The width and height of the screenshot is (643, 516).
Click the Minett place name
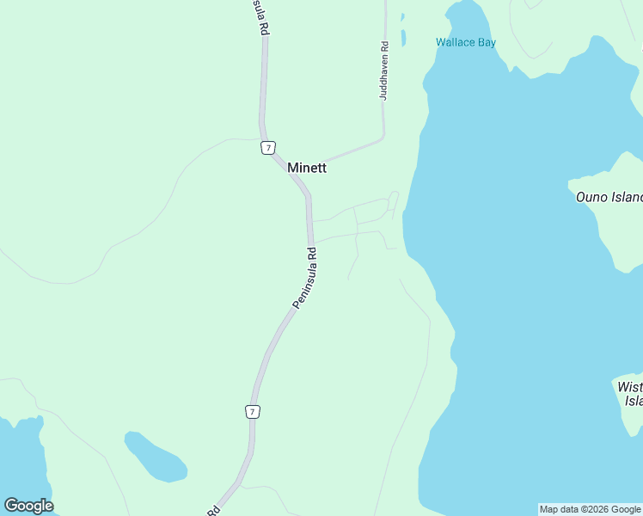tap(307, 168)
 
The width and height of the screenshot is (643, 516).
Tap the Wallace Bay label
tap(466, 42)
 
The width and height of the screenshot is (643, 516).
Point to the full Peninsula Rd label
tap(305, 278)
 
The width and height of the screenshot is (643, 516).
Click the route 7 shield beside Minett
tap(268, 148)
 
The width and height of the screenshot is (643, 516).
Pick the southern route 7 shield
tap(252, 412)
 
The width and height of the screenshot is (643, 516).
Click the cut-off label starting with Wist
tap(630, 394)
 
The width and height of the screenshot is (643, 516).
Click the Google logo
tap(28, 506)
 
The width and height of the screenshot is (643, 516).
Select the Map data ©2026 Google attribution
tap(591, 509)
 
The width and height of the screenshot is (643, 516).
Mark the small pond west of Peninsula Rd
tap(155, 457)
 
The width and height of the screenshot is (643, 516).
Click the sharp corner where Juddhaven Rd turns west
tap(383, 136)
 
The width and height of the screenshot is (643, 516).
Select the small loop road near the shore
tap(393, 200)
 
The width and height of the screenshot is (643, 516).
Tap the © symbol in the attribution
tap(579, 509)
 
